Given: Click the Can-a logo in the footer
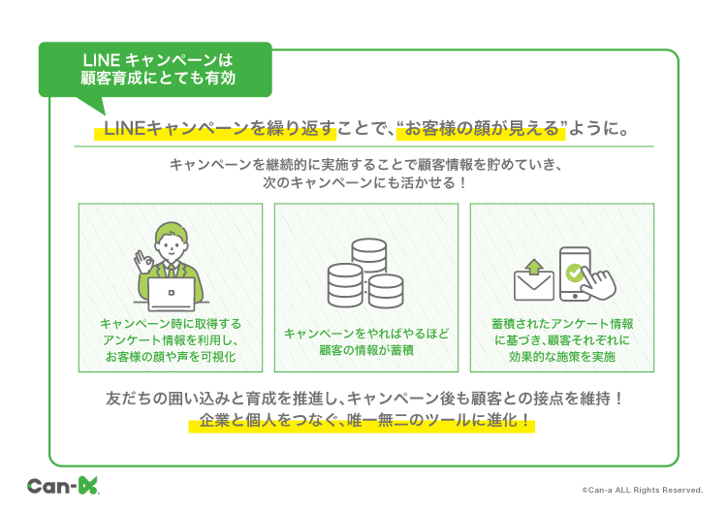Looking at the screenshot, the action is pyautogui.click(x=63, y=486).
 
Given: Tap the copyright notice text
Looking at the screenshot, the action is pyautogui.click(x=643, y=490).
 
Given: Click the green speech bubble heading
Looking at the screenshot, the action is pyautogui.click(x=155, y=70).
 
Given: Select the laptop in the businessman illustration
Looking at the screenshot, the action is pyautogui.click(x=171, y=294).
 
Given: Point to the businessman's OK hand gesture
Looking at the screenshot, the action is pyautogui.click(x=143, y=262).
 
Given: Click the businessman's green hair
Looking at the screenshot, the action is pyautogui.click(x=172, y=232).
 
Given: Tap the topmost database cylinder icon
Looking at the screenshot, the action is pyautogui.click(x=369, y=255).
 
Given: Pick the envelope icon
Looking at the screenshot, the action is pyautogui.click(x=534, y=285).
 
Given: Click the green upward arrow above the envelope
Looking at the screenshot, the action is pyautogui.click(x=534, y=267).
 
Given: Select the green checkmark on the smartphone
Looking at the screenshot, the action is pyautogui.click(x=575, y=273).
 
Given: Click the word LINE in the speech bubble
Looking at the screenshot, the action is pyautogui.click(x=101, y=60).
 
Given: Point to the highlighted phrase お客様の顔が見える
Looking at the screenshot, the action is pyautogui.click(x=481, y=128).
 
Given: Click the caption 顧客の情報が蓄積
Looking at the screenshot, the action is pyautogui.click(x=366, y=350).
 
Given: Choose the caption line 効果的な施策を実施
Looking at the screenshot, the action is pyautogui.click(x=562, y=356).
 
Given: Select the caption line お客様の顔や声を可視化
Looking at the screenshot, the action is pyautogui.click(x=171, y=356).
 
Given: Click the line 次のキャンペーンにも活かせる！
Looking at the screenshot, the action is pyautogui.click(x=364, y=182).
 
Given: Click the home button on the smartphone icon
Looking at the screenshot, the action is pyautogui.click(x=575, y=296).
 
